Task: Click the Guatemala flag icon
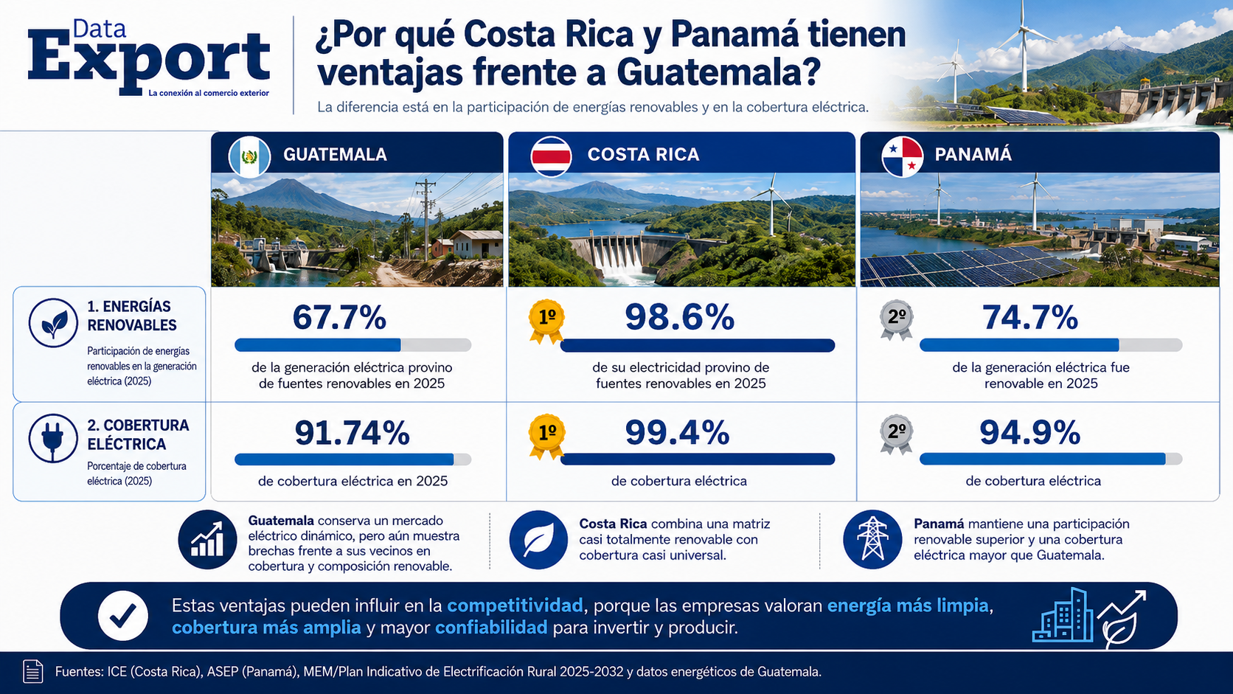click(249, 156)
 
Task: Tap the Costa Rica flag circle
click(551, 156)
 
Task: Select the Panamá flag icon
click(902, 156)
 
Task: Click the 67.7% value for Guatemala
click(339, 318)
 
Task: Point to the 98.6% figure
click(679, 318)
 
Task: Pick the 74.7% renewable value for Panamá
click(1030, 318)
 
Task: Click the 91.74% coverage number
click(352, 433)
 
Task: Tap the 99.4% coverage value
click(677, 433)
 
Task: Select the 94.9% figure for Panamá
click(1030, 433)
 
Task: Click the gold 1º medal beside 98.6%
click(546, 321)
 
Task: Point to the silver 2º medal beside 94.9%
click(897, 434)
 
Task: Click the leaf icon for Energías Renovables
click(53, 322)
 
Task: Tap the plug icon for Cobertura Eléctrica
click(53, 439)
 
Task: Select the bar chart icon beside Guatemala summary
click(207, 539)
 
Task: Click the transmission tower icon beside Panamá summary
click(872, 539)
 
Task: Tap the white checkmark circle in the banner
click(122, 616)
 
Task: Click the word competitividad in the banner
click(515, 606)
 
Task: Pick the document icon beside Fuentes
click(33, 672)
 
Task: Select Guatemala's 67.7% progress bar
click(352, 345)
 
